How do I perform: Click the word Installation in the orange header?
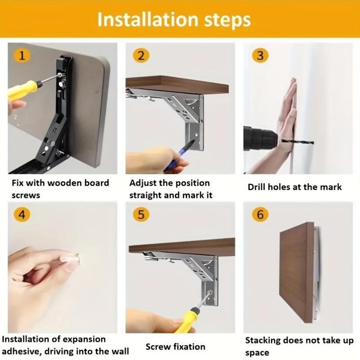coord(148,19)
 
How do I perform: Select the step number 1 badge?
coord(22,55)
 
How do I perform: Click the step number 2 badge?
coord(141,55)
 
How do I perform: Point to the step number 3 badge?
coord(260,55)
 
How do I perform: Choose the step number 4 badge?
coord(22,215)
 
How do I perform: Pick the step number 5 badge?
coord(141,215)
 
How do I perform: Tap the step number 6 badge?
coord(260,215)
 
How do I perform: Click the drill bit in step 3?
coord(297,141)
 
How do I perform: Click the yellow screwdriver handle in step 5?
coord(186,320)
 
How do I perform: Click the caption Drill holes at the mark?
coord(295,187)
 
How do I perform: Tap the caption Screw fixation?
coord(175,346)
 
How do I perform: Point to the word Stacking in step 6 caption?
coord(263,341)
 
